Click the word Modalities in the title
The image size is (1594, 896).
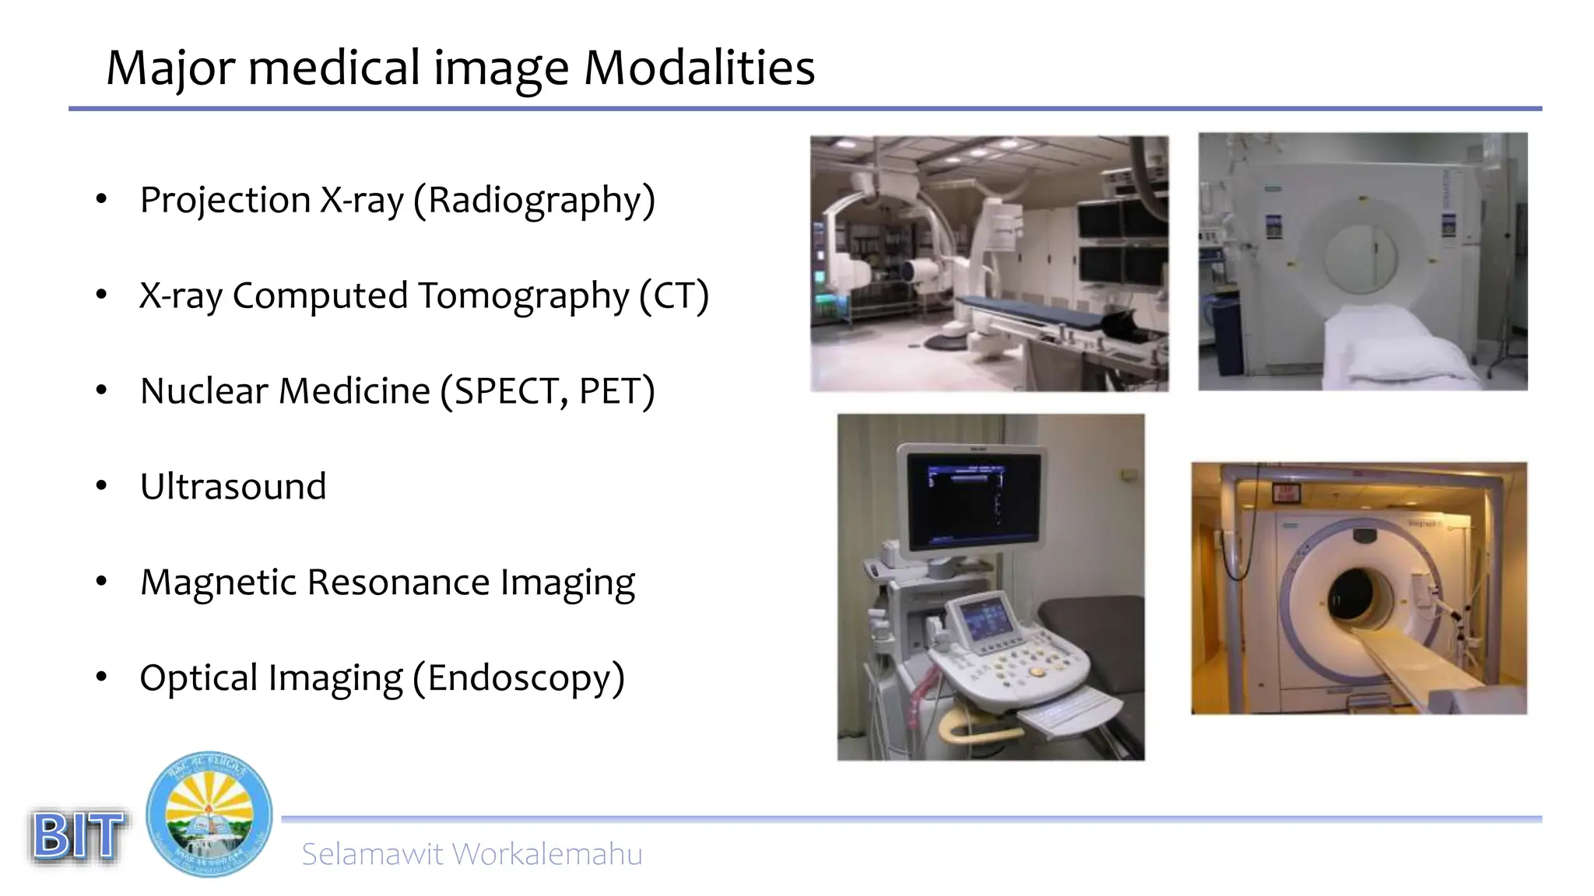pyautogui.click(x=699, y=68)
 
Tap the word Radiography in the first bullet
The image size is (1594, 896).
pyautogui.click(x=533, y=201)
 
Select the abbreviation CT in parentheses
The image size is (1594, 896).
pyautogui.click(x=674, y=296)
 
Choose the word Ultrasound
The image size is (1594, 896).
pyautogui.click(x=233, y=487)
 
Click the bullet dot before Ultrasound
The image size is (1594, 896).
pyautogui.click(x=101, y=486)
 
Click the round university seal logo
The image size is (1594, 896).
pyautogui.click(x=209, y=814)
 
